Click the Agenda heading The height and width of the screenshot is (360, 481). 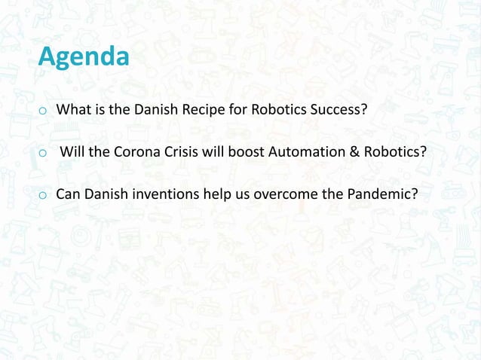(83, 57)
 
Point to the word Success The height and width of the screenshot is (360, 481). (337, 111)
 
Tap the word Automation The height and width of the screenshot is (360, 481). (310, 152)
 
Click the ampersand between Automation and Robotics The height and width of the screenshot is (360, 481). (353, 152)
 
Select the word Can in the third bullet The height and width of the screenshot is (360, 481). (68, 194)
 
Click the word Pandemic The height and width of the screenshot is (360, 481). (382, 194)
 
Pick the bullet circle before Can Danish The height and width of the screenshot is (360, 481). (43, 195)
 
